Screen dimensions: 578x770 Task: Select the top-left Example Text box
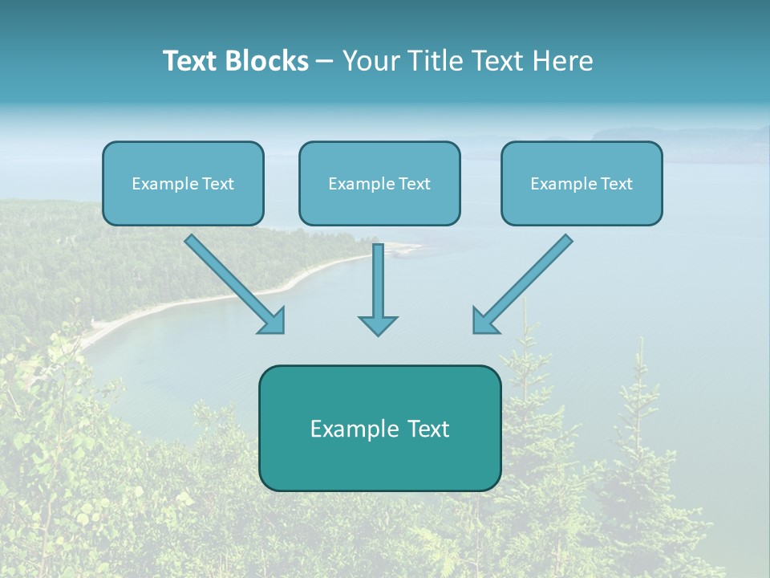(x=183, y=183)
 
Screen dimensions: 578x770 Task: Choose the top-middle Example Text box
(x=379, y=183)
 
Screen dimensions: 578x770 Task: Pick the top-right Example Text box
(x=582, y=183)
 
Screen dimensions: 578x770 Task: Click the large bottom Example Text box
(x=379, y=428)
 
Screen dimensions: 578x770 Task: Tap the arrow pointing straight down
(x=378, y=285)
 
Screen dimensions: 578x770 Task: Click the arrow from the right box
(x=525, y=281)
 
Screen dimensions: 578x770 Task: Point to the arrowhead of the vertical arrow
(x=378, y=324)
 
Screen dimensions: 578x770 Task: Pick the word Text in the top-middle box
(x=415, y=184)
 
